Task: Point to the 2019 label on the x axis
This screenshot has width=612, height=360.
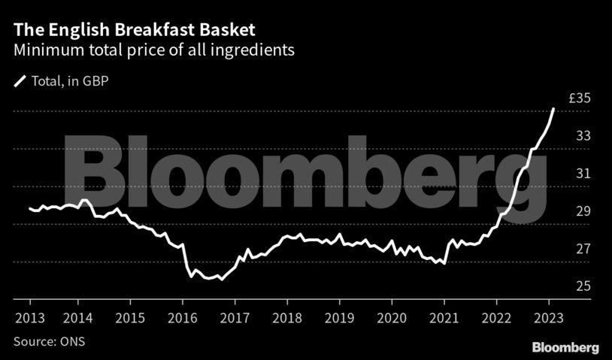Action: [x=340, y=316]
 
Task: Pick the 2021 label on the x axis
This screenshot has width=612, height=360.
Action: [x=444, y=316]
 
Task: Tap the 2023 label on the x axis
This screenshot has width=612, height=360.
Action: [x=549, y=316]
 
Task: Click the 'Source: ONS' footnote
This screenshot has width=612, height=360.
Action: [x=47, y=341]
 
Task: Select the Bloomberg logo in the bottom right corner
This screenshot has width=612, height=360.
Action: [x=565, y=348]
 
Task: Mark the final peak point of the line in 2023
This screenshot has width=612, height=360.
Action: [x=553, y=109]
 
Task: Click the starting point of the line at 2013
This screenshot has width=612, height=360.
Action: [x=30, y=208]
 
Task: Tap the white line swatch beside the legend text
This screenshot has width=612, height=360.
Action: [x=20, y=81]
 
